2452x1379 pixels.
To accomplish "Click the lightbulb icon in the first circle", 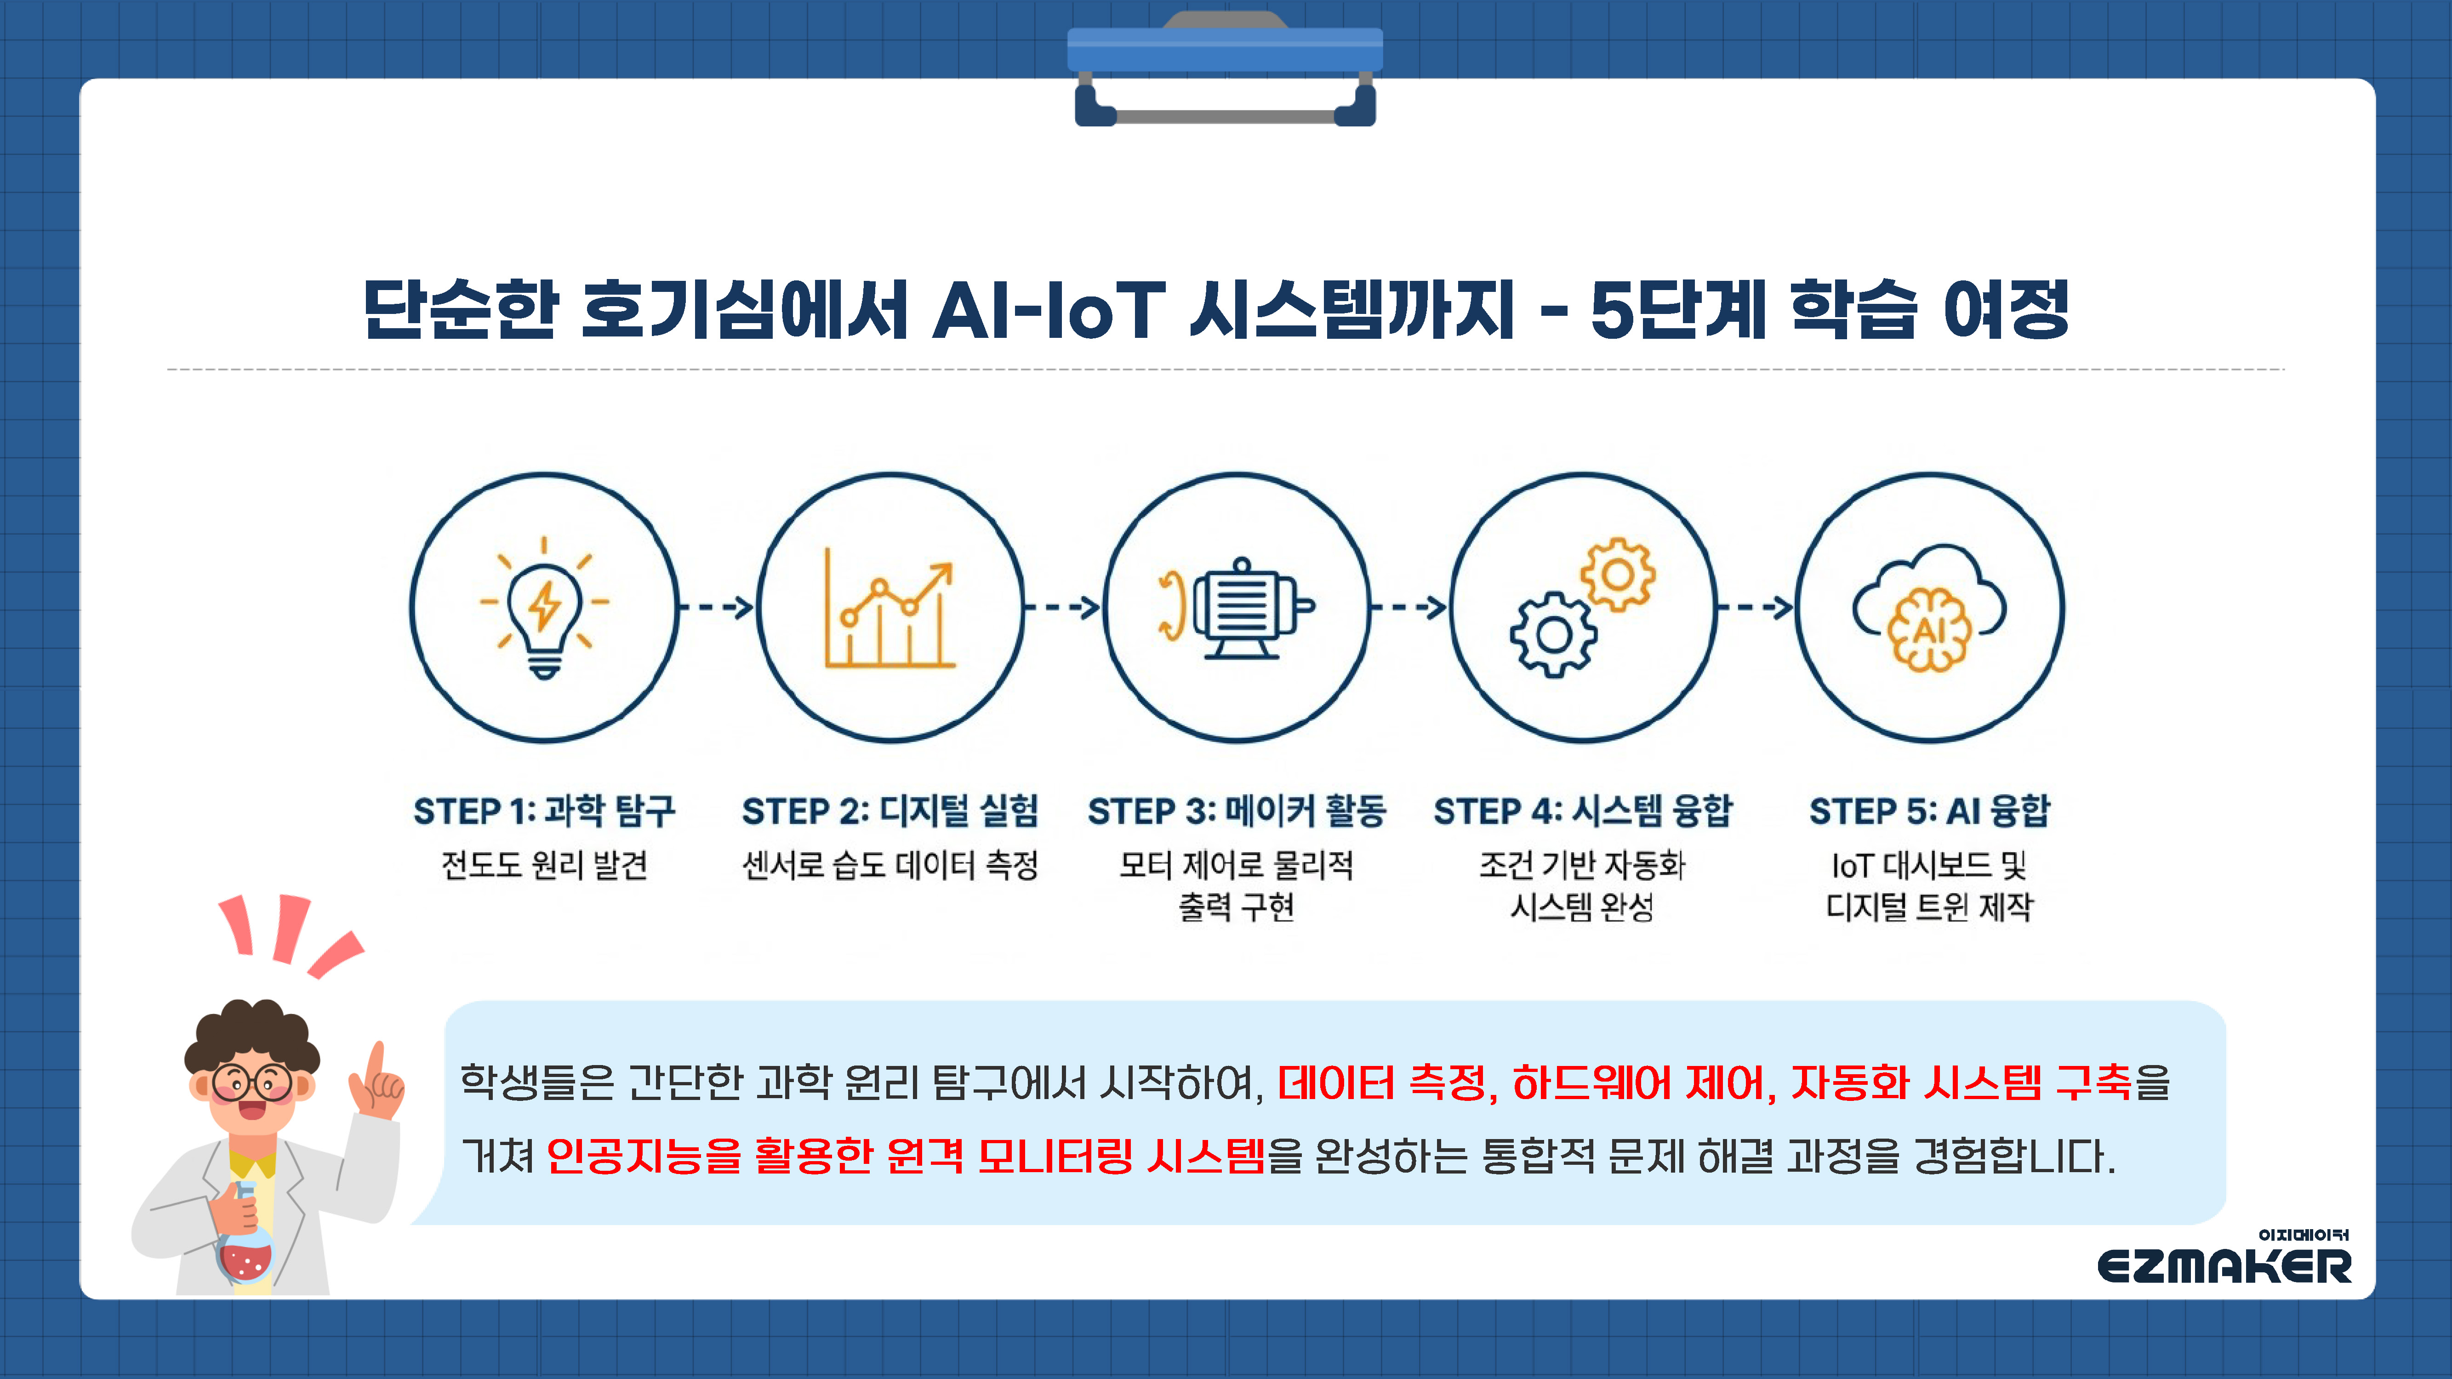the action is click(544, 607).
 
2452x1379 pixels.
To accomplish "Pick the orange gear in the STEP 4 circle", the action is click(1617, 574).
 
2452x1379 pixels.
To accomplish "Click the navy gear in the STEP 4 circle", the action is click(1553, 634).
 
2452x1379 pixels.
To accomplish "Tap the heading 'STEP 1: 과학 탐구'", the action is click(544, 811).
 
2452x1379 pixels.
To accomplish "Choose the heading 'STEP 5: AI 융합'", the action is click(1929, 811).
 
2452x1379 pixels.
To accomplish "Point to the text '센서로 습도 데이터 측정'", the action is click(890, 865).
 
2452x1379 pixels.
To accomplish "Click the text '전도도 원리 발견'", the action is click(544, 865).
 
